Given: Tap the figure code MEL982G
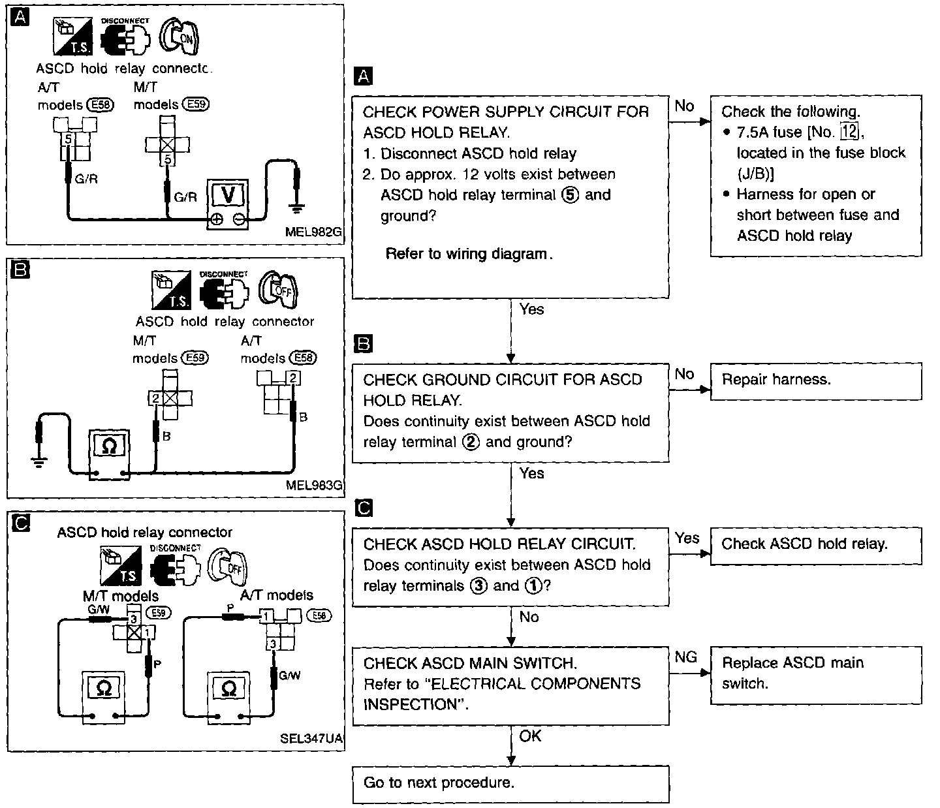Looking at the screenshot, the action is pyautogui.click(x=313, y=232).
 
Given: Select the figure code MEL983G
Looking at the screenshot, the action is pyautogui.click(x=314, y=485).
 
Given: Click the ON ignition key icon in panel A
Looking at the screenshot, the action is pyautogui.click(x=179, y=37).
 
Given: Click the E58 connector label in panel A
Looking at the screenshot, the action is pyautogui.click(x=101, y=105).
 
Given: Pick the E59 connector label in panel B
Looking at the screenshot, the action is pyautogui.click(x=195, y=358).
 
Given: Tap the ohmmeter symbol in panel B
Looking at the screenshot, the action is pyautogui.click(x=109, y=446).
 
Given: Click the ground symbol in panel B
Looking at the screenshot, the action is pyautogui.click(x=39, y=463).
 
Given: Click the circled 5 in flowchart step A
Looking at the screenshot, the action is pyautogui.click(x=571, y=195).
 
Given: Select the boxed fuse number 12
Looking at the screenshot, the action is pyautogui.click(x=849, y=132).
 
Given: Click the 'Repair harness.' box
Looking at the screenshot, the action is pyautogui.click(x=817, y=382).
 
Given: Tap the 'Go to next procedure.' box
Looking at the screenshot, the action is pyautogui.click(x=510, y=785).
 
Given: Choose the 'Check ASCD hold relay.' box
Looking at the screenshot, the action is pyautogui.click(x=817, y=546).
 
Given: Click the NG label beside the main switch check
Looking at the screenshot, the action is pyautogui.click(x=686, y=657).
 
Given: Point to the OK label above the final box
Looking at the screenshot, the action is pyautogui.click(x=530, y=736).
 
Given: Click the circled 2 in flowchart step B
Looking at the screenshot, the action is pyautogui.click(x=471, y=442).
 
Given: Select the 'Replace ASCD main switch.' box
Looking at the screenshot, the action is pyautogui.click(x=817, y=676).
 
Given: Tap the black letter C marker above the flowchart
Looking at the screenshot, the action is pyautogui.click(x=364, y=508).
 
